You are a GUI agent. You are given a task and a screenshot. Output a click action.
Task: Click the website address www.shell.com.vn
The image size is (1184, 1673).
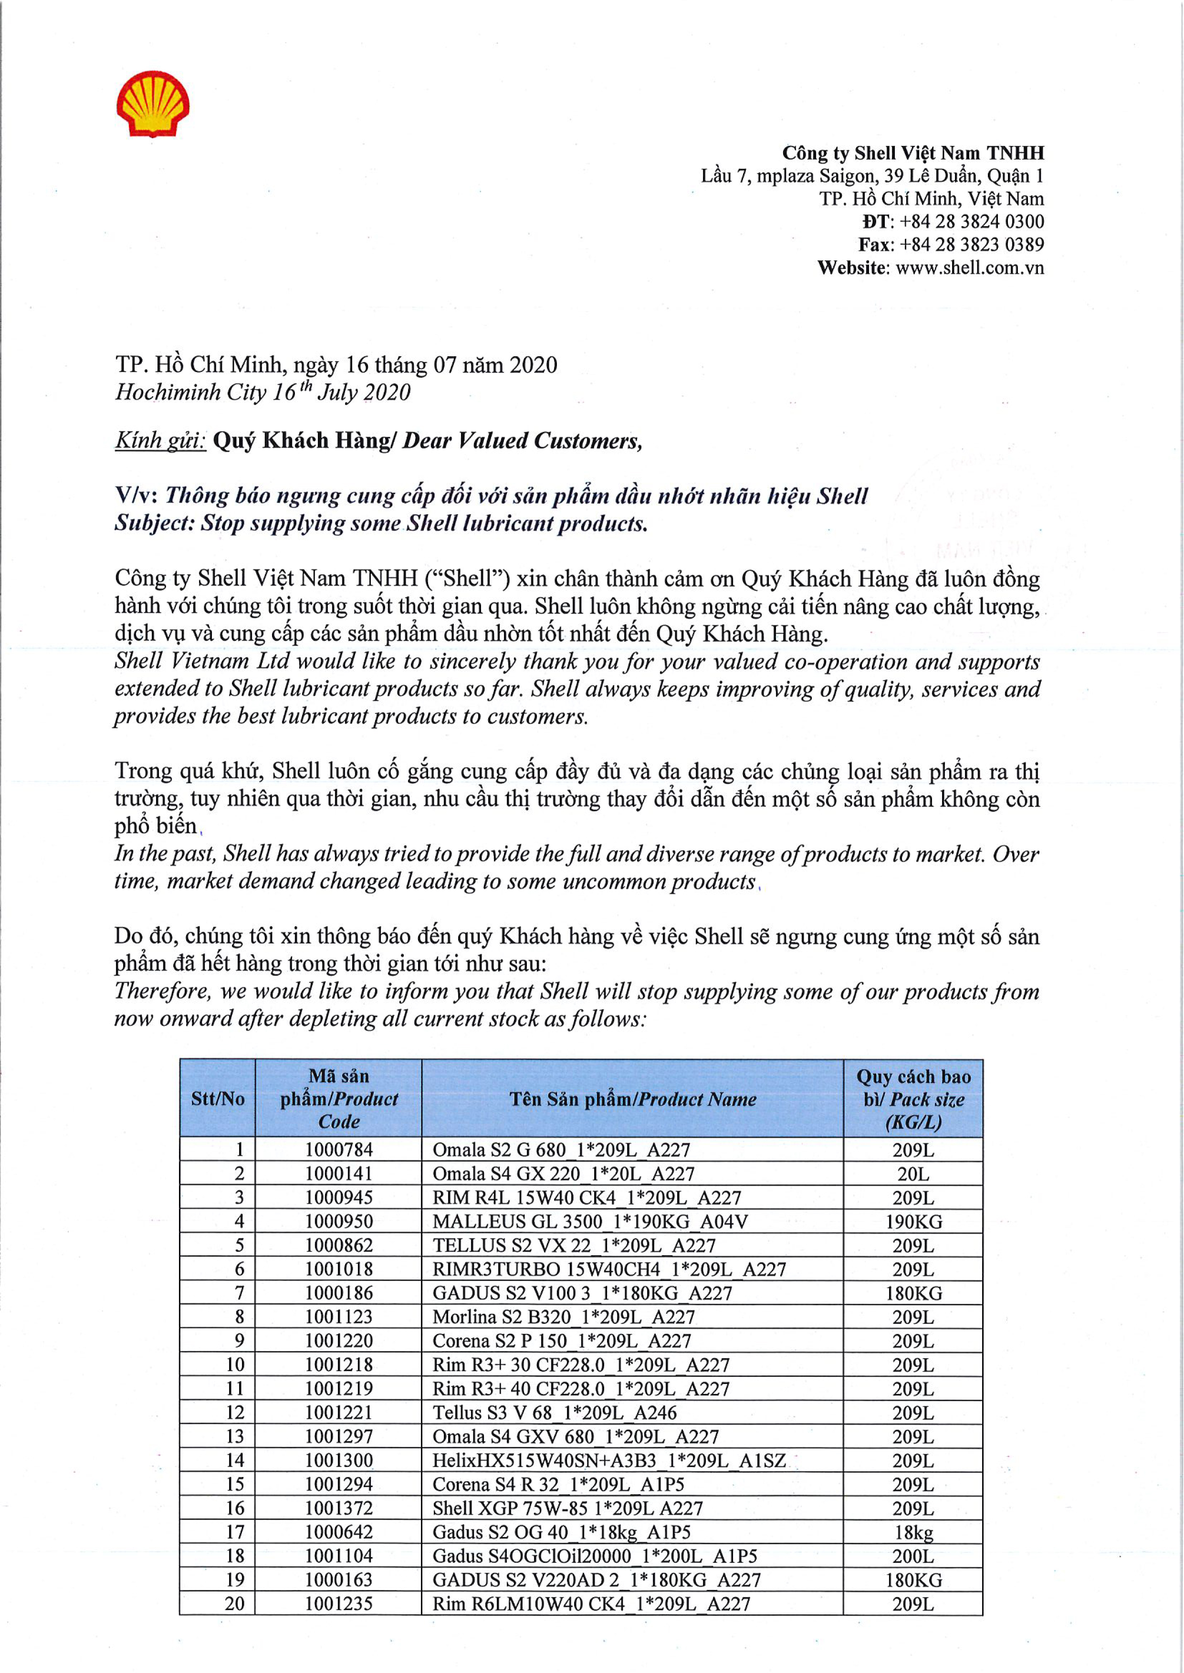pyautogui.click(x=970, y=268)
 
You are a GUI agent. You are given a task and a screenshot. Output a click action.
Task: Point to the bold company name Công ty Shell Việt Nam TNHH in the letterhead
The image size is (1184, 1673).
pyautogui.click(x=913, y=153)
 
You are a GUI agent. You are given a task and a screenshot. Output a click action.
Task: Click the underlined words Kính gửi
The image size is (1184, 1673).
pyautogui.click(x=160, y=441)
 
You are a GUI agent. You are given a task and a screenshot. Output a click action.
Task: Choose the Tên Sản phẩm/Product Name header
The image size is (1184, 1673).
pyautogui.click(x=632, y=1099)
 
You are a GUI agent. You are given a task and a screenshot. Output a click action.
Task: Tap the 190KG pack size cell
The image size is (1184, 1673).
pyautogui.click(x=913, y=1222)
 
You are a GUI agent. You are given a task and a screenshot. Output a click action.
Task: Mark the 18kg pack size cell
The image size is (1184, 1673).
pyautogui.click(x=913, y=1532)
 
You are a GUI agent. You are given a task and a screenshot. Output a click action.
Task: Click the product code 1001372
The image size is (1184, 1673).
pyautogui.click(x=338, y=1508)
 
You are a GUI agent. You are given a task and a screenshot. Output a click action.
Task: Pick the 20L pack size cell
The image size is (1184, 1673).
pyautogui.click(x=913, y=1174)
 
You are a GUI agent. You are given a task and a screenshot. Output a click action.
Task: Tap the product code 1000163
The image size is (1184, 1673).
pyautogui.click(x=338, y=1580)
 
